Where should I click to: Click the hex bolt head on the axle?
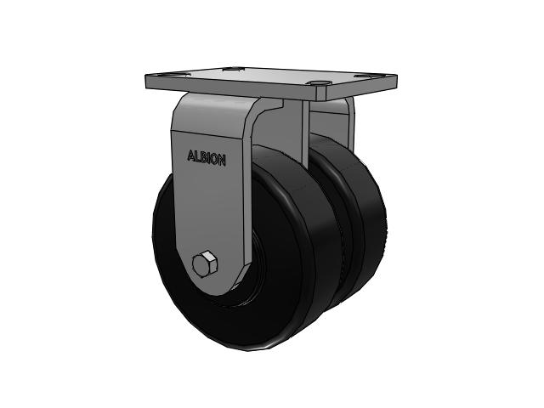coord(204,263)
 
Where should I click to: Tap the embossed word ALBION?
coord(207,158)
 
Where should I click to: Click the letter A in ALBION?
coord(190,156)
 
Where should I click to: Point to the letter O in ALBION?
coord(214,160)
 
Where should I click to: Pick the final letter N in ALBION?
coord(223,161)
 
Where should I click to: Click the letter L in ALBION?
coord(197,156)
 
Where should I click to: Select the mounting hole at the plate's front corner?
coord(319,83)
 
